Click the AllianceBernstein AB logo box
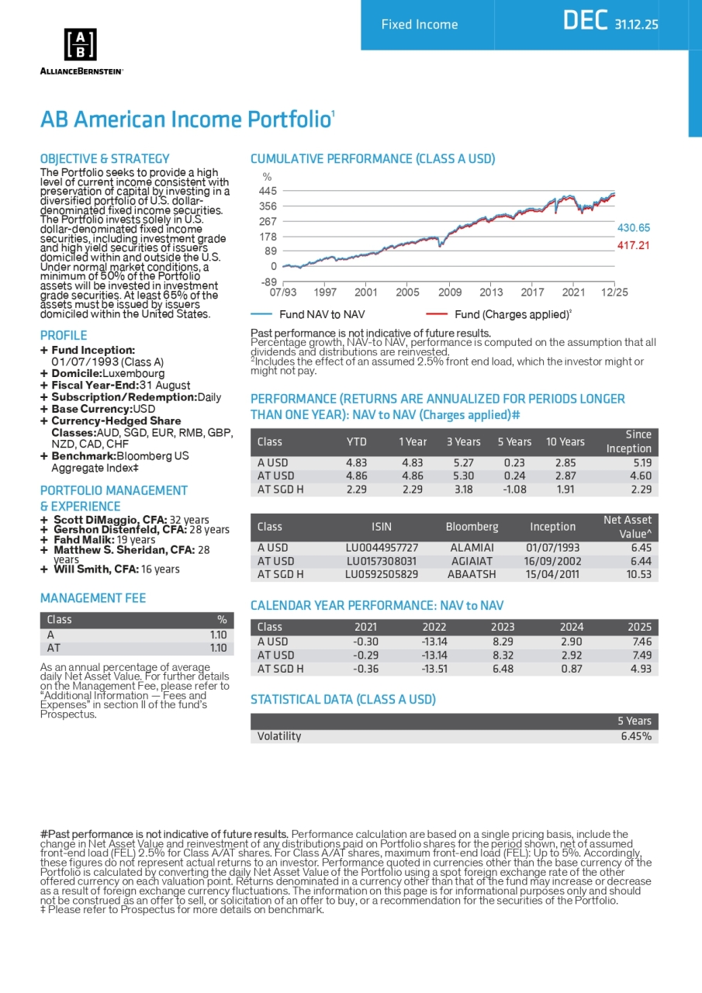[80, 45]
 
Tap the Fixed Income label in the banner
[419, 25]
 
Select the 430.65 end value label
[633, 228]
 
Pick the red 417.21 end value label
[633, 245]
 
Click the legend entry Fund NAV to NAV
[310, 315]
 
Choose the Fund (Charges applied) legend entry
[513, 315]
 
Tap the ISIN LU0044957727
[382, 547]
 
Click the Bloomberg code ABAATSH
[472, 575]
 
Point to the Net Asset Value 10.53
[641, 575]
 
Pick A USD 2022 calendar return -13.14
[434, 642]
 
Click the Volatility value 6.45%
[636, 736]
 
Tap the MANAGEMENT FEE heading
[93, 598]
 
